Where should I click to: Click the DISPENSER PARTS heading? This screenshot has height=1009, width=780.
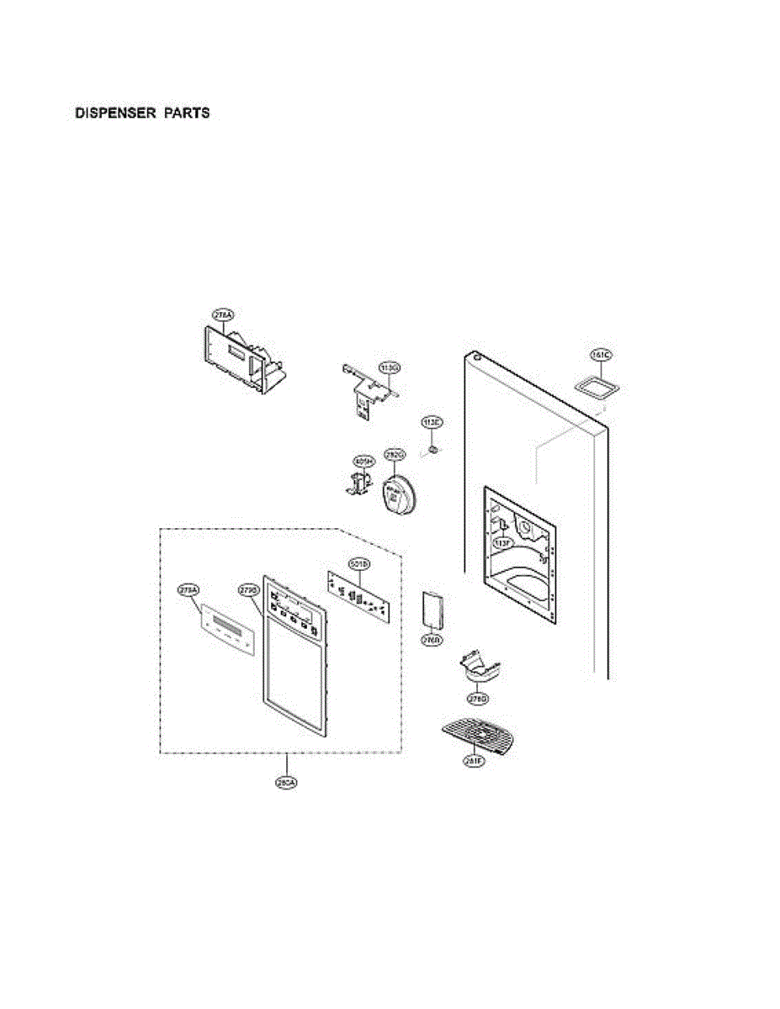coord(143,113)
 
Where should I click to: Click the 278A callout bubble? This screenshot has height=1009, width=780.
coord(223,315)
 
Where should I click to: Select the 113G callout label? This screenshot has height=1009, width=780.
coord(389,367)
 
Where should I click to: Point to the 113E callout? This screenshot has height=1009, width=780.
coord(432,421)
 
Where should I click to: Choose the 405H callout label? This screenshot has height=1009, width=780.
coord(363,461)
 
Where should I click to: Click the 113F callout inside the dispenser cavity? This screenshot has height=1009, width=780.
coord(502,544)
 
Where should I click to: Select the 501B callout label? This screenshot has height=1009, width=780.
coord(357,563)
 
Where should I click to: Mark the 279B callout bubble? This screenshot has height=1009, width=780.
coord(248,590)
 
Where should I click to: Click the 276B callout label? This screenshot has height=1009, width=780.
coord(432,640)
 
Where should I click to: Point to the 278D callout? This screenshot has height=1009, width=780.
coord(478,699)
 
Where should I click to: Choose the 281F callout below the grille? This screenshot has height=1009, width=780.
coord(474,762)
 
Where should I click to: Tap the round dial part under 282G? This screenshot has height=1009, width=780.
coord(398,494)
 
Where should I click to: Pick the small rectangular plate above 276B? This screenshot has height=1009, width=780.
coord(432,610)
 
